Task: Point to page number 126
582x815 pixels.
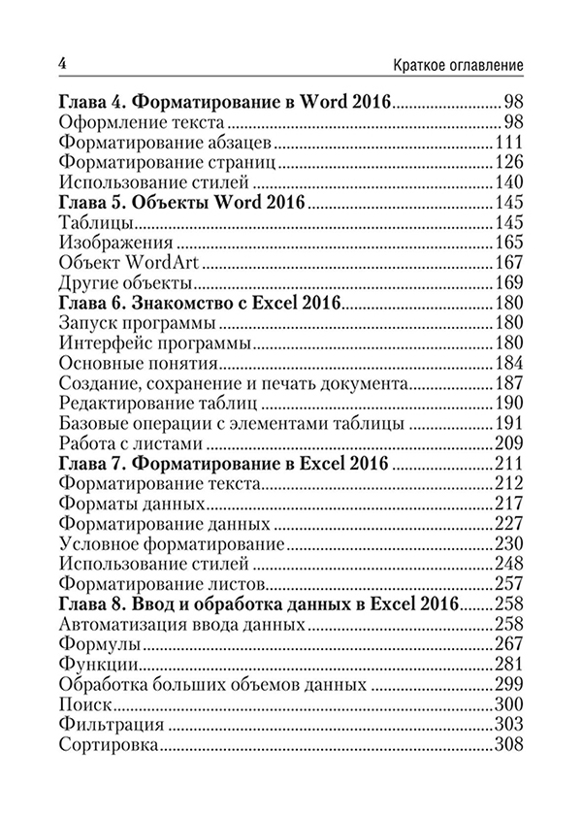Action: [x=508, y=162]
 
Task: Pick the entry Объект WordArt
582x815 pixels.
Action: [x=124, y=263]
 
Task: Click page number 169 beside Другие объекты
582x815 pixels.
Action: [x=508, y=283]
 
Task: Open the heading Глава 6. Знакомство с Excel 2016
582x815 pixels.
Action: [x=199, y=304]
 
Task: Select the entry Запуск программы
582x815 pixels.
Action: [x=130, y=323]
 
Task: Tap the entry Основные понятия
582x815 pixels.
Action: [x=137, y=364]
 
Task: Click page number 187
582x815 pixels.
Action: [x=508, y=384]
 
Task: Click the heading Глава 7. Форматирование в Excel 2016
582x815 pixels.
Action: [x=224, y=465]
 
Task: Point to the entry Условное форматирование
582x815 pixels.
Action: [x=171, y=544]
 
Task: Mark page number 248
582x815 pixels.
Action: [x=508, y=565]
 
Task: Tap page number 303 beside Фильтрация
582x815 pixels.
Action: [x=508, y=726]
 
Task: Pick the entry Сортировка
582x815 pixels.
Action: [x=109, y=746]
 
